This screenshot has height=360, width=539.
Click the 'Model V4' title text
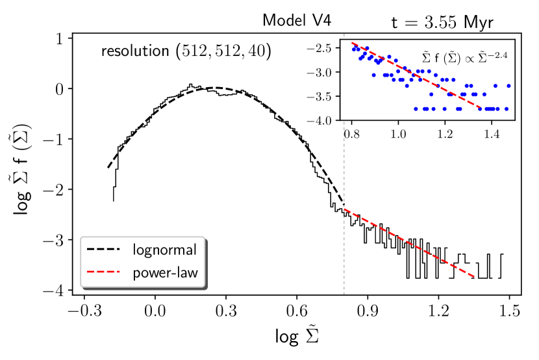click(297, 20)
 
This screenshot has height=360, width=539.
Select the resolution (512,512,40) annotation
click(185, 50)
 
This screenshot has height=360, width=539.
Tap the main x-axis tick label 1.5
click(509, 311)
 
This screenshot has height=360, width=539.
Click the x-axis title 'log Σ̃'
click(295, 338)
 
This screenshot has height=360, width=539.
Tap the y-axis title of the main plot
click(24, 166)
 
